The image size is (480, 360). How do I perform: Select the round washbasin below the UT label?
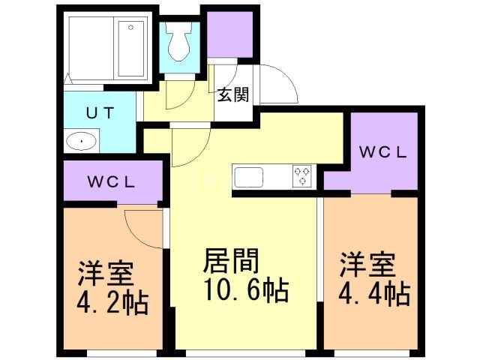(x=81, y=141)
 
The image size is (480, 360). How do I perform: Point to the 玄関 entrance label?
(x=233, y=94)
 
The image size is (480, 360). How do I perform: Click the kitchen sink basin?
(x=249, y=177)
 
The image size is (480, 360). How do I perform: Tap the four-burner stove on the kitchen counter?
(x=302, y=176)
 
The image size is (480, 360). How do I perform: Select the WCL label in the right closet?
(x=382, y=151)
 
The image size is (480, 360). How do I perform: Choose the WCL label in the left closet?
(x=110, y=182)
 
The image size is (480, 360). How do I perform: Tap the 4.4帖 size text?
(x=374, y=292)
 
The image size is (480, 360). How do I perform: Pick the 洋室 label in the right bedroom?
(x=367, y=266)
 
